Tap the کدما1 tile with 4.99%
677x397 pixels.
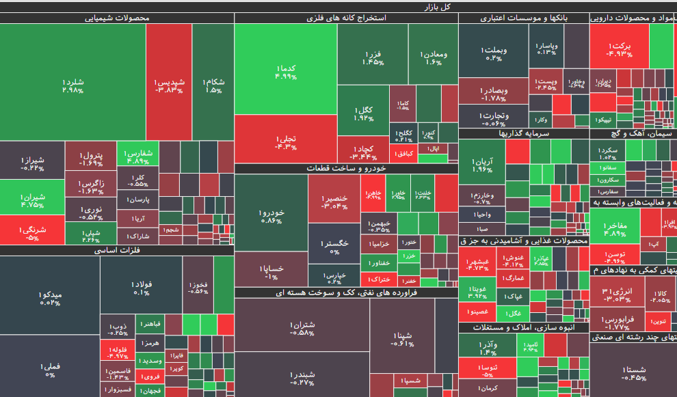[286, 72]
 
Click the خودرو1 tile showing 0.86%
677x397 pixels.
[271, 217]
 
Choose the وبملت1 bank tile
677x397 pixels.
[493, 54]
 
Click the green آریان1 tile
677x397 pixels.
[481, 165]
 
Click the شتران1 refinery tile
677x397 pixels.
[302, 329]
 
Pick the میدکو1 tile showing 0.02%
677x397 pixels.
[50, 298]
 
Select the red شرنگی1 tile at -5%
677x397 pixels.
[32, 233]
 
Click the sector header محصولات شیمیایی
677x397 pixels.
[116, 18]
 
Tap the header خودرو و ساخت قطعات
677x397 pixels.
[346, 168]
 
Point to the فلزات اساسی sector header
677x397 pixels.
[116, 251]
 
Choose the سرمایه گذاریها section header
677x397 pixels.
[523, 134]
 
